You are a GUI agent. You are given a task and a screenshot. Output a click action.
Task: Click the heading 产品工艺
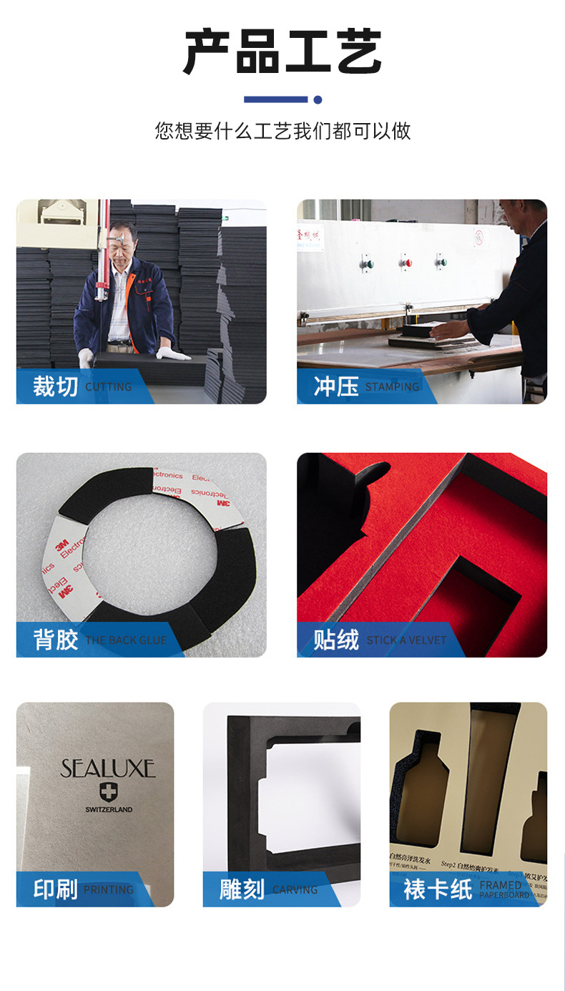(x=282, y=52)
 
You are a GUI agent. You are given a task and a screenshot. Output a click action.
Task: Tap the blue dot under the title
(x=318, y=99)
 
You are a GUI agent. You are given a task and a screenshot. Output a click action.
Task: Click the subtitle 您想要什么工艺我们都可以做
(x=282, y=131)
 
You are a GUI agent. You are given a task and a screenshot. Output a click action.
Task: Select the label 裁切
(x=55, y=386)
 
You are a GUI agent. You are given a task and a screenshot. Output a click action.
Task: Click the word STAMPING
(x=392, y=387)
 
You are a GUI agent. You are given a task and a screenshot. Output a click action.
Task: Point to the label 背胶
(x=55, y=639)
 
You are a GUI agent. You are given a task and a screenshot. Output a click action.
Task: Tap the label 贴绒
(x=335, y=639)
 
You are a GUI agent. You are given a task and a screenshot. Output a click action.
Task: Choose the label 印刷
(x=55, y=889)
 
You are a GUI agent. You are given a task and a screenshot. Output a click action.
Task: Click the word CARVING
(x=295, y=890)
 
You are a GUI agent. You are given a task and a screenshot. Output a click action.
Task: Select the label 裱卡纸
(x=438, y=889)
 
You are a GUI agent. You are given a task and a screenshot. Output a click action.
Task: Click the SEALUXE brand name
(x=108, y=769)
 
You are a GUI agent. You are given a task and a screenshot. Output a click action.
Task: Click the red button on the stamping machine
(x=406, y=263)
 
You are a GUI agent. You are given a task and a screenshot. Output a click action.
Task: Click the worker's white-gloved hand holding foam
(x=172, y=354)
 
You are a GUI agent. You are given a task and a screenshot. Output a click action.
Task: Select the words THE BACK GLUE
(x=126, y=640)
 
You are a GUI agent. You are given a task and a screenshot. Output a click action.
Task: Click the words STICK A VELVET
(x=406, y=640)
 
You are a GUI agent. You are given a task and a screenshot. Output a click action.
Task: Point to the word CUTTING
(x=109, y=387)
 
